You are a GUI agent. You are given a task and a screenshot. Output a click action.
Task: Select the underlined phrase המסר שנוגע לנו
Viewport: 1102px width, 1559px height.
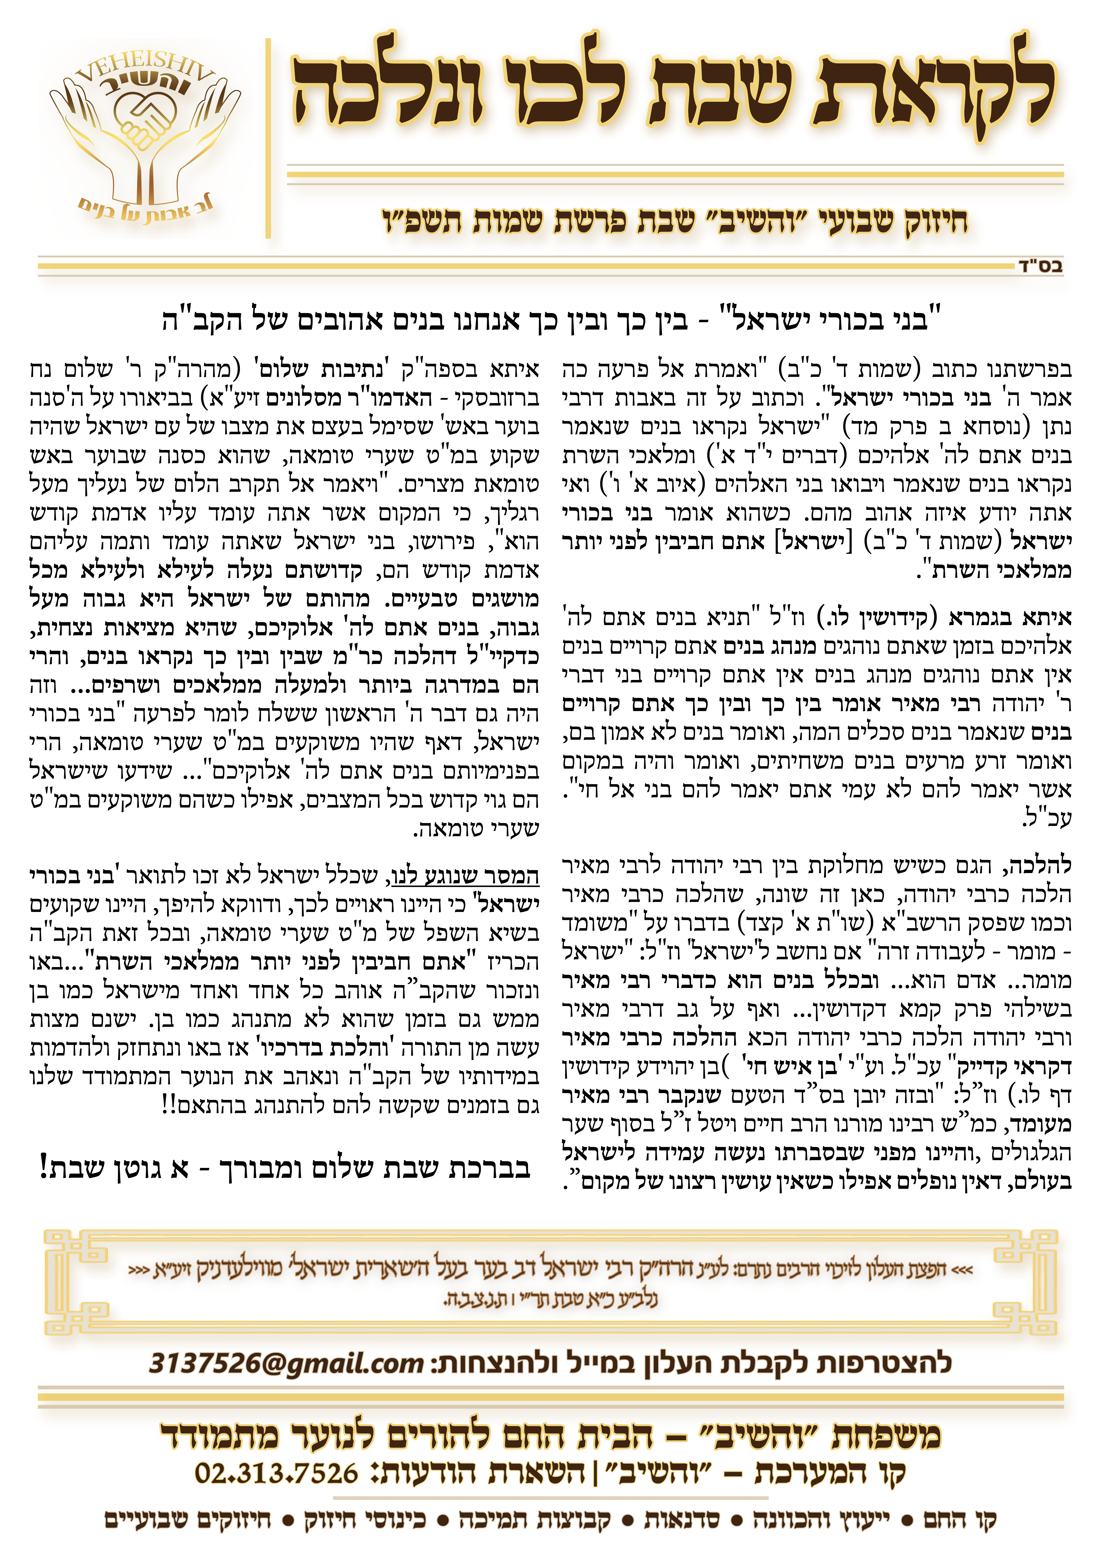466,876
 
